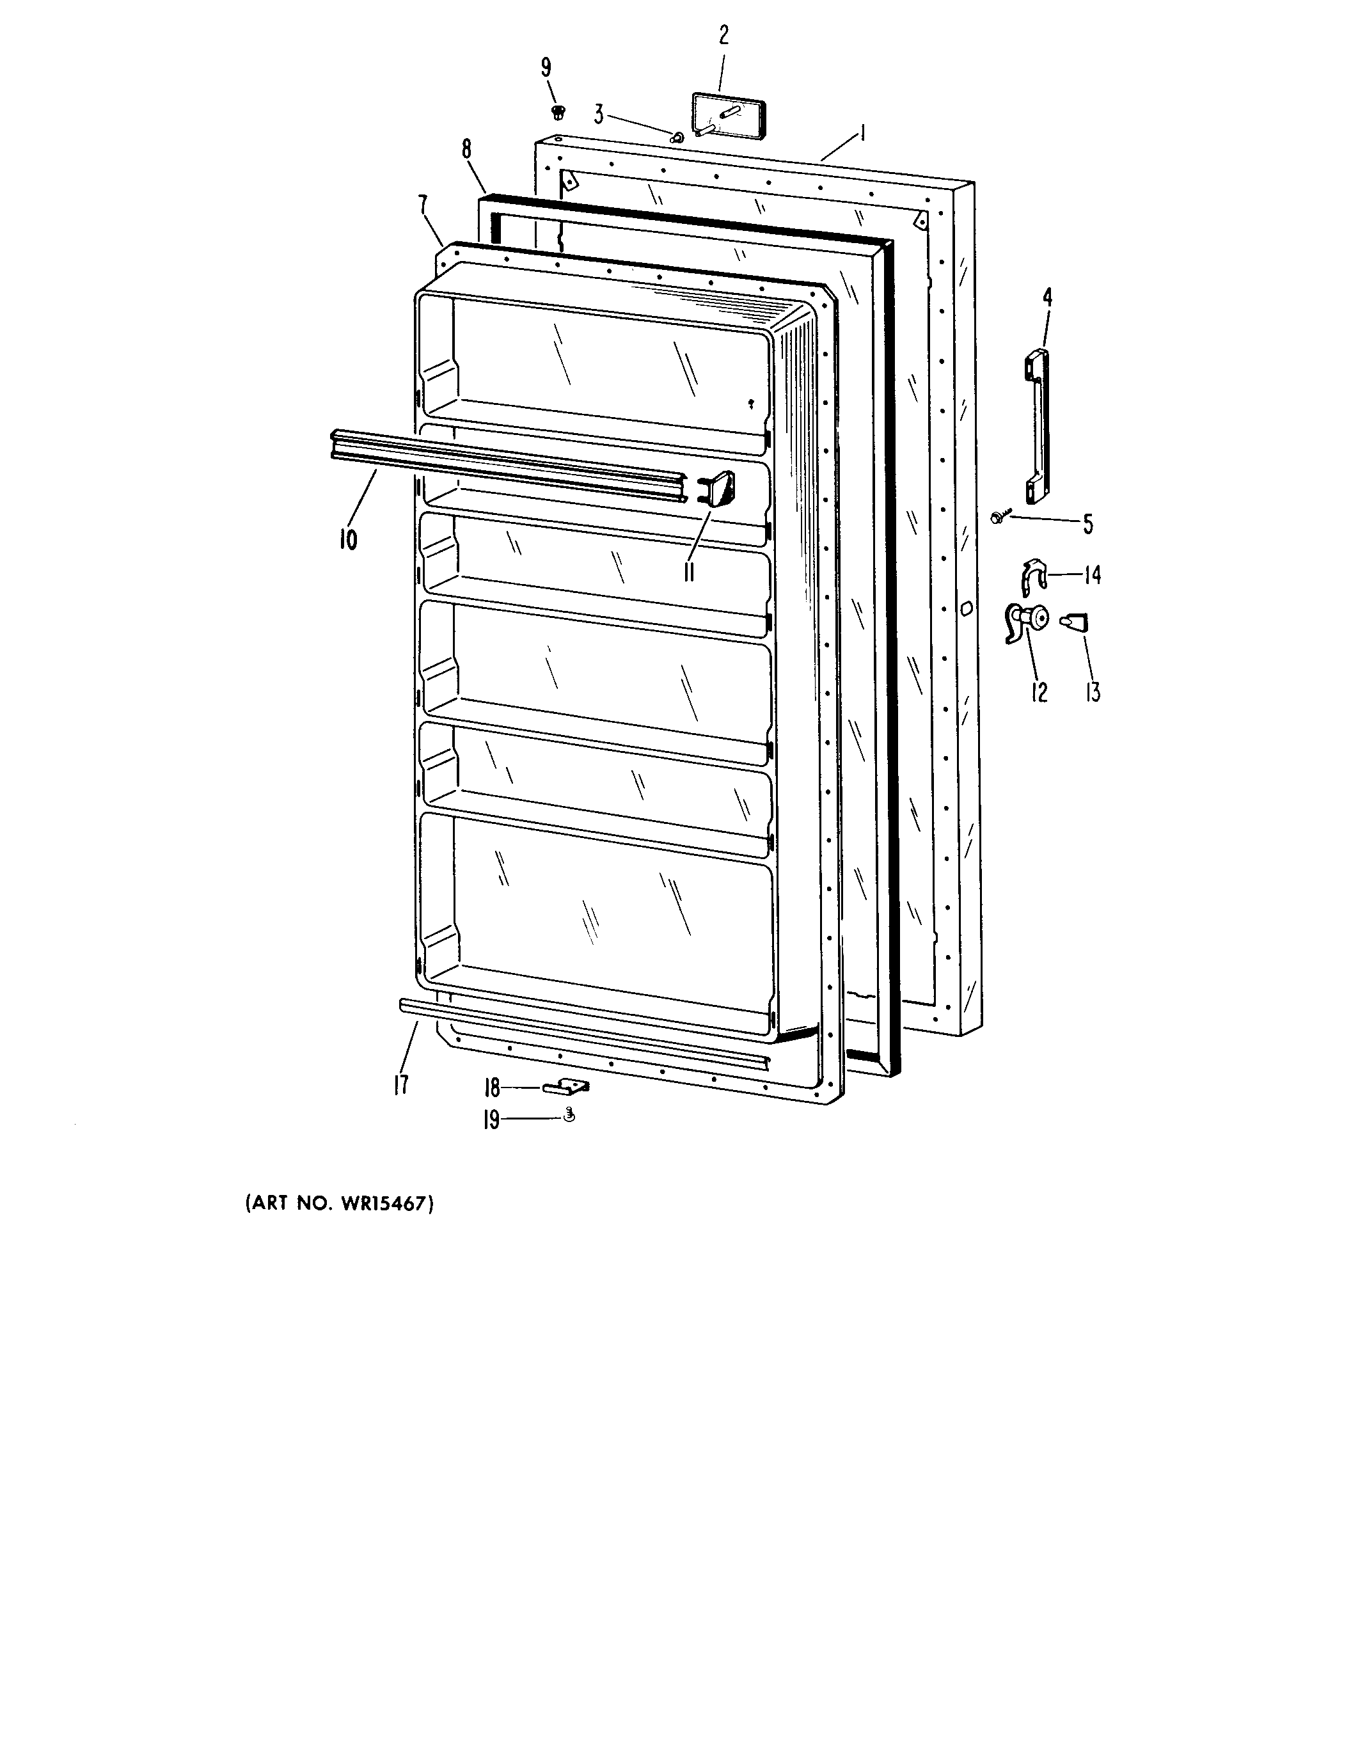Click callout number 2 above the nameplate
pyautogui.click(x=723, y=35)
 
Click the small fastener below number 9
pyautogui.click(x=558, y=111)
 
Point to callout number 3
pyautogui.click(x=597, y=114)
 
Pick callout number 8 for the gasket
pyautogui.click(x=466, y=149)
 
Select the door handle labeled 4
pyautogui.click(x=1036, y=427)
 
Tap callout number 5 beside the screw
pyautogui.click(x=1087, y=524)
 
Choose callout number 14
pyautogui.click(x=1092, y=574)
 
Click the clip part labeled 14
pyautogui.click(x=1033, y=577)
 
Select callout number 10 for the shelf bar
pyautogui.click(x=348, y=539)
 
